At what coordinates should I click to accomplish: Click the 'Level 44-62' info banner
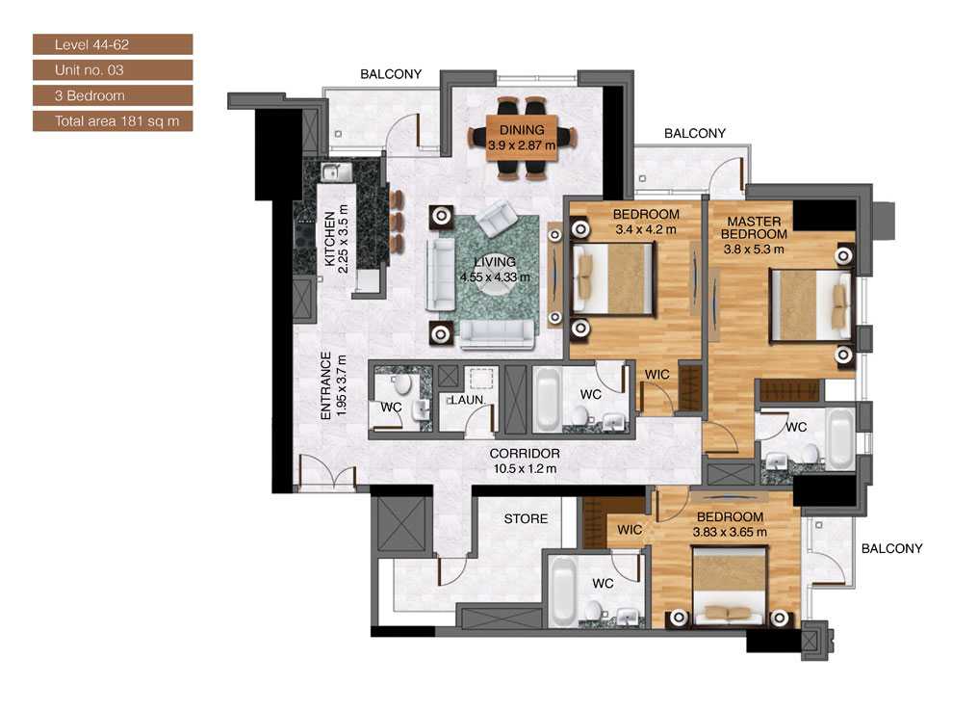[x=113, y=44]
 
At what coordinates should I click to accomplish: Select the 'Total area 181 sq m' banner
[x=113, y=121]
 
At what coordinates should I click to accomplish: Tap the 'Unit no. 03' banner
[x=113, y=70]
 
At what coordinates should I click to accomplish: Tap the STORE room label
[x=526, y=519]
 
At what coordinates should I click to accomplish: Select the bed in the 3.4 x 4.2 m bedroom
[x=612, y=279]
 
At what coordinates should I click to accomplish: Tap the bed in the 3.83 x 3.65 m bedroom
[x=729, y=584]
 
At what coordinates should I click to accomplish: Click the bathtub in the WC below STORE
[x=563, y=590]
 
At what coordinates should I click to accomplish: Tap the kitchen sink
[x=332, y=173]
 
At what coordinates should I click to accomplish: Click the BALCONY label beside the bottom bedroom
[x=891, y=549]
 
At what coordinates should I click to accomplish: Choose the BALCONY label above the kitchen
[x=391, y=74]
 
